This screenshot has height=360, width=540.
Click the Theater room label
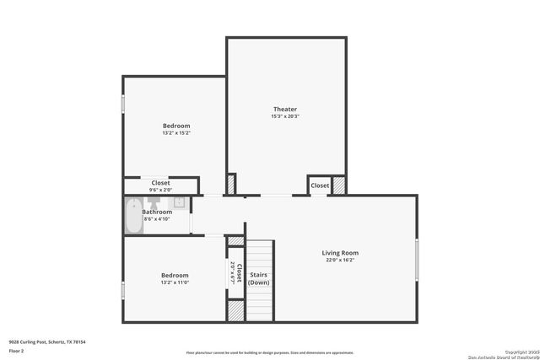coord(285,110)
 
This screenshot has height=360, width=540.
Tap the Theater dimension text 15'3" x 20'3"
coord(285,117)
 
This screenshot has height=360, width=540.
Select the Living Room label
coord(340,253)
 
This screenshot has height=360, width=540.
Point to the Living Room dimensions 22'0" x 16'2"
coord(340,261)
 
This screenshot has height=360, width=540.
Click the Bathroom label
coord(157,212)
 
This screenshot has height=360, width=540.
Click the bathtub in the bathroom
coord(133,216)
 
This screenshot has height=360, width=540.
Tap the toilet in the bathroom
coord(179,202)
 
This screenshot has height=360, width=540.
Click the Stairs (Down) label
coord(259,278)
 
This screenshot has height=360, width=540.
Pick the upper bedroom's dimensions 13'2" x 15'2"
coord(176,133)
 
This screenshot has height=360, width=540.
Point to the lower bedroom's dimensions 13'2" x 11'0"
coord(175,283)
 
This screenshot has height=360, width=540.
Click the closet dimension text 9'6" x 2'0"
coord(160,190)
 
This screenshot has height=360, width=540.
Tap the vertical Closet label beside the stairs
coord(240,273)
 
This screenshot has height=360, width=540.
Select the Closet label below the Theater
coord(320,185)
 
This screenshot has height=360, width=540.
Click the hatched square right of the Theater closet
coord(339,185)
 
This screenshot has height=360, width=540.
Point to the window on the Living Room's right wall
coord(417,260)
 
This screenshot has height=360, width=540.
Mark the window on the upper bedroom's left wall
coord(123,104)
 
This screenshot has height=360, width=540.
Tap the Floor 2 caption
coord(17,350)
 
